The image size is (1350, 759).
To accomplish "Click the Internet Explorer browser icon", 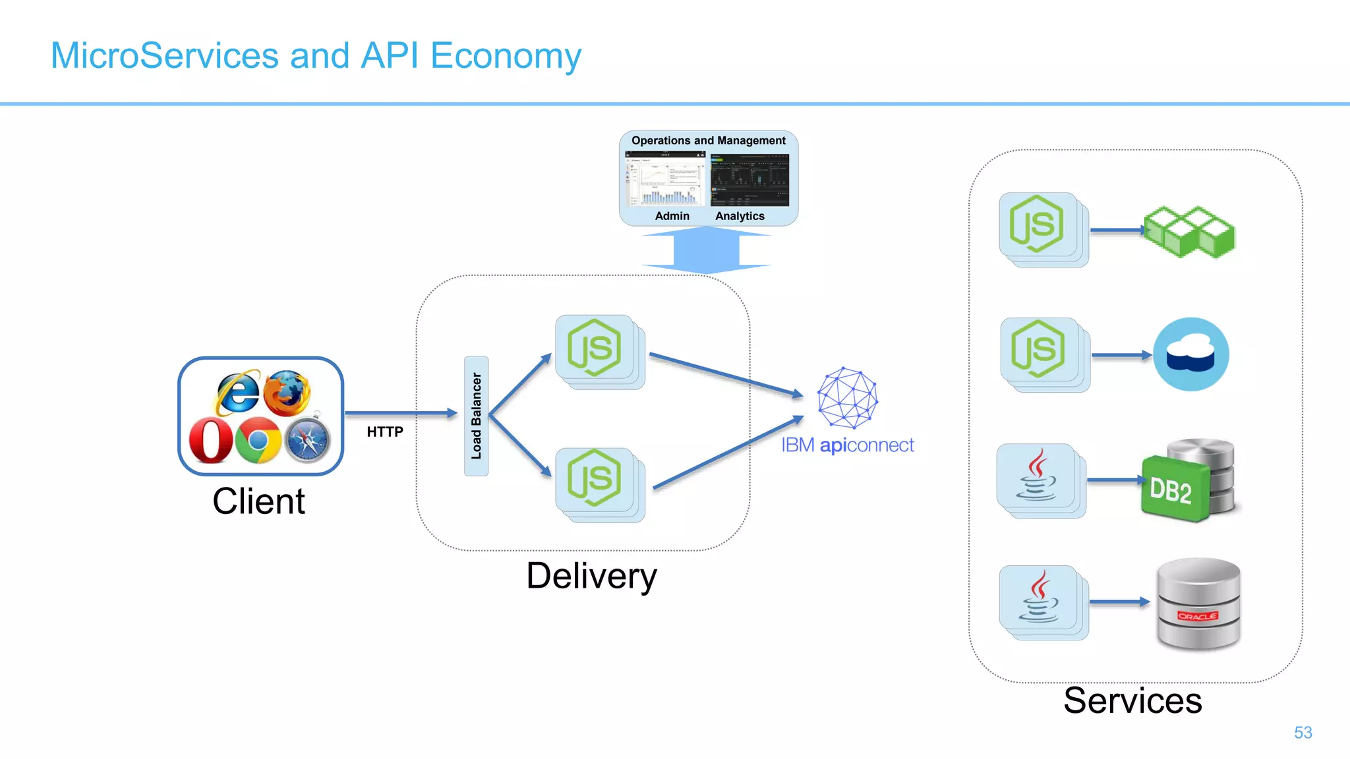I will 237,393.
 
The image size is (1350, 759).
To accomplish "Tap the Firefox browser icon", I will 287,393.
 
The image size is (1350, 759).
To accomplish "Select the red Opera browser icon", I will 211,440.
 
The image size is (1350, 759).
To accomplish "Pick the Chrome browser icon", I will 258,440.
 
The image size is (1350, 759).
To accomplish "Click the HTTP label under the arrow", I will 385,432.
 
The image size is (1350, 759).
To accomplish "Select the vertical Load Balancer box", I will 476,416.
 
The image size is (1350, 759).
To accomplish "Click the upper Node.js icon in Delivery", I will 595,348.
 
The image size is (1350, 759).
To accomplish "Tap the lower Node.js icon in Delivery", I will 595,478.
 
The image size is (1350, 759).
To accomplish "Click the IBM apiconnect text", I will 848,445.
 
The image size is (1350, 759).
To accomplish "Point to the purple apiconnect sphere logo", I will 848,398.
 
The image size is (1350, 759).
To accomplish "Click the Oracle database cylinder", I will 1198,604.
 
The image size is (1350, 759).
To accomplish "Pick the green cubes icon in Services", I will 1189,232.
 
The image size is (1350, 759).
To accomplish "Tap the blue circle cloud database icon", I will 1190,354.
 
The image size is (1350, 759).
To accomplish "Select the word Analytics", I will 740,216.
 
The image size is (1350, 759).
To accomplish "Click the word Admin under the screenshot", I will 672,216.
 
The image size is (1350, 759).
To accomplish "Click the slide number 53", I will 1303,733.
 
